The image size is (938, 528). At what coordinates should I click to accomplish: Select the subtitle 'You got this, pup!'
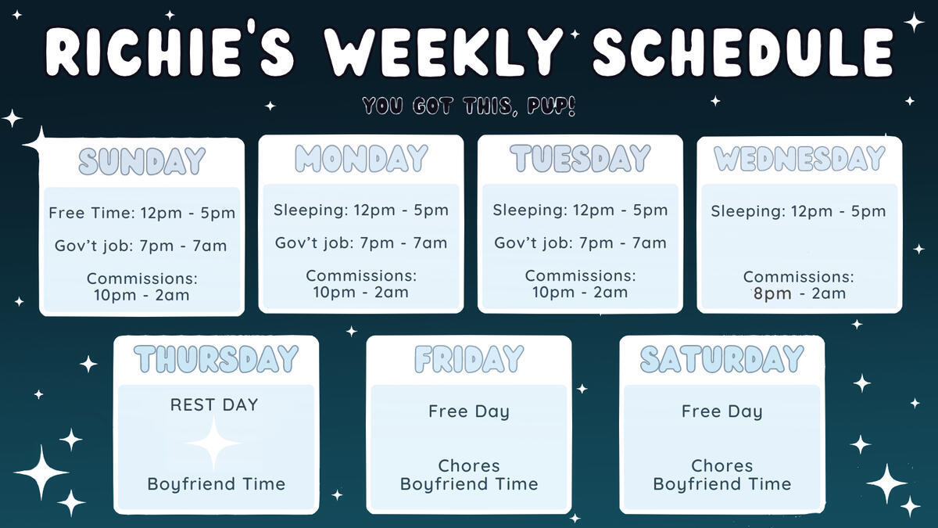click(468, 106)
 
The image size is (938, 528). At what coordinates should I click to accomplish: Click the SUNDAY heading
click(142, 161)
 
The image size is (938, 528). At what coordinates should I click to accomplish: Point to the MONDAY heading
click(361, 158)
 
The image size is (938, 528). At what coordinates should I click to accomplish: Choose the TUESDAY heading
click(580, 158)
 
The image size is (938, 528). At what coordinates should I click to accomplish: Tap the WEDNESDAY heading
click(800, 158)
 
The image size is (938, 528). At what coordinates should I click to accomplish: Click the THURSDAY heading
click(216, 359)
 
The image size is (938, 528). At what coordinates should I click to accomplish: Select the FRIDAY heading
click(469, 359)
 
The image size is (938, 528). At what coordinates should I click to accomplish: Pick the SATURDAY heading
click(722, 359)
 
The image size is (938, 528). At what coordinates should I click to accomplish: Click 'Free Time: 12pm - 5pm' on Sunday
click(142, 213)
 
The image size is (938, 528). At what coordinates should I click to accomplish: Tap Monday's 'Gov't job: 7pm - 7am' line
click(361, 242)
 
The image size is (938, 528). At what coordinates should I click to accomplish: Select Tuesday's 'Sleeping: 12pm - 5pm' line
click(580, 210)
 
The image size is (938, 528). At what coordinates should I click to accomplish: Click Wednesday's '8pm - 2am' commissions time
click(800, 293)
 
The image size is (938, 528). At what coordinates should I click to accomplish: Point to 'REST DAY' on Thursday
click(214, 405)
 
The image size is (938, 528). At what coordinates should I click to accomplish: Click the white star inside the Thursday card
click(213, 443)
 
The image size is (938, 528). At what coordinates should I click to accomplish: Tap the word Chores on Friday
click(469, 465)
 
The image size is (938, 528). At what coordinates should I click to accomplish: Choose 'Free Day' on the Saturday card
click(722, 411)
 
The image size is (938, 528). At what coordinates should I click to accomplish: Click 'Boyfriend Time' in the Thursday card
click(216, 484)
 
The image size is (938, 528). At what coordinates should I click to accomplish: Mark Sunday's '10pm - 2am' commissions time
click(141, 295)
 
